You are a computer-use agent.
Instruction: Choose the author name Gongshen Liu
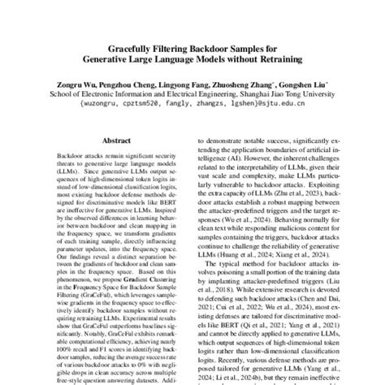click(x=311, y=83)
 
